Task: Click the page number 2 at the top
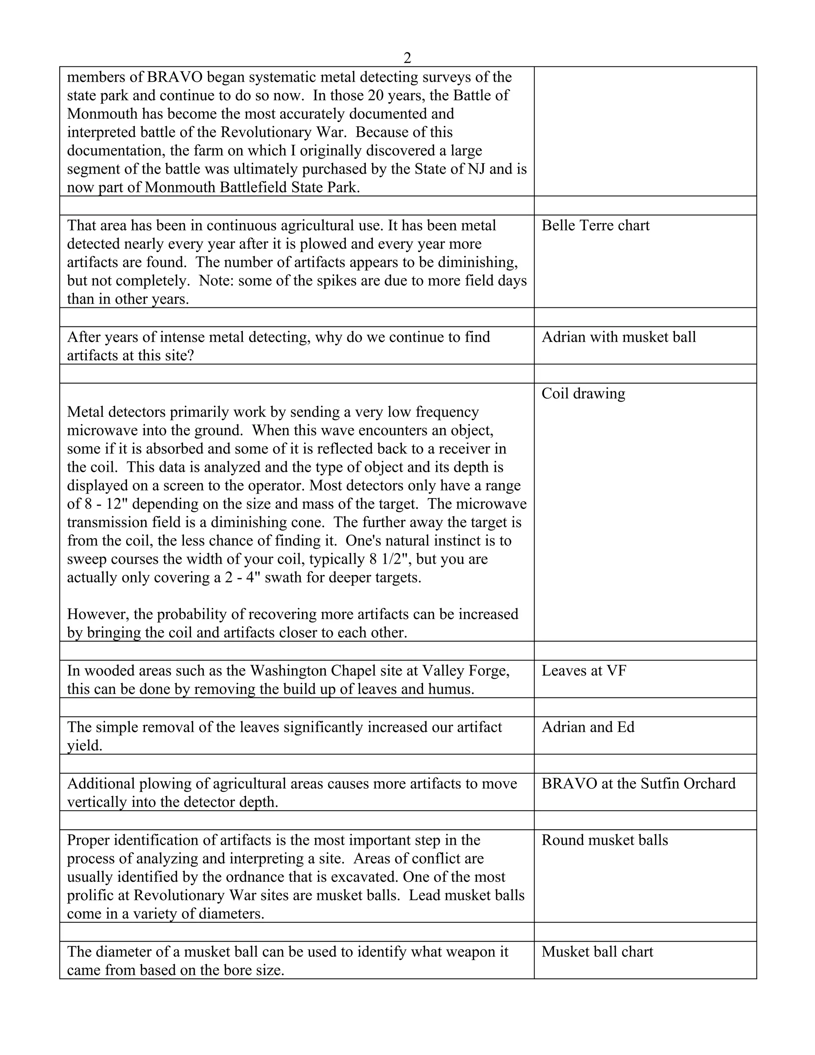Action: (407, 58)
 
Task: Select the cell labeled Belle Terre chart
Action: (595, 226)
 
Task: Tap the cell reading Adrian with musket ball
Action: (618, 337)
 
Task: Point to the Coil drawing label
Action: (583, 394)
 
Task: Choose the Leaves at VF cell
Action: (584, 671)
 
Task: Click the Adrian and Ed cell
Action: (588, 727)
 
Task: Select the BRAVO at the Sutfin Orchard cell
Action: (638, 784)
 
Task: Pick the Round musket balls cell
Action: (604, 840)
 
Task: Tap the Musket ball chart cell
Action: (597, 952)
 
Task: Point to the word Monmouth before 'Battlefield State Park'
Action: (180, 188)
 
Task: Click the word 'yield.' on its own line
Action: (84, 746)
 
